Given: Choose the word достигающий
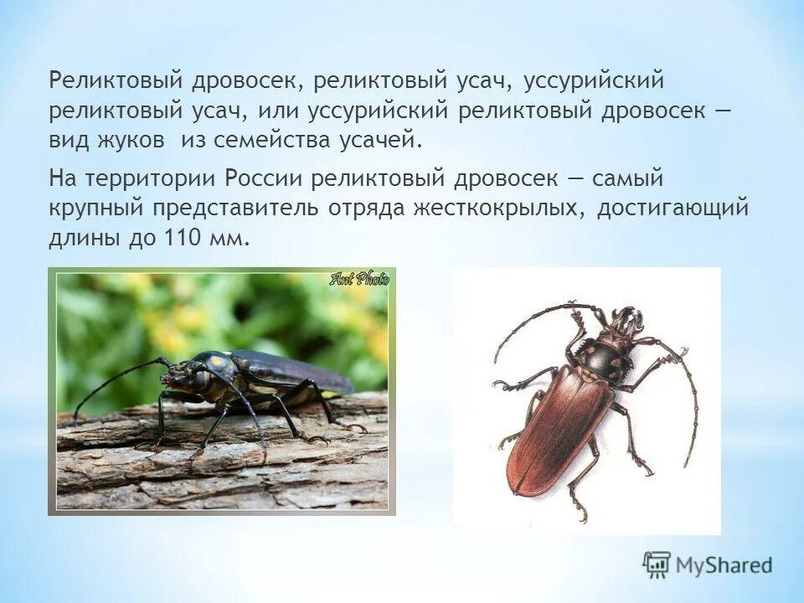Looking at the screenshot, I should (672, 209).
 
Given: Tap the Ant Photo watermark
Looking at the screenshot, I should (359, 279).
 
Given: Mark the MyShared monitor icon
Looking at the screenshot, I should (658, 563).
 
